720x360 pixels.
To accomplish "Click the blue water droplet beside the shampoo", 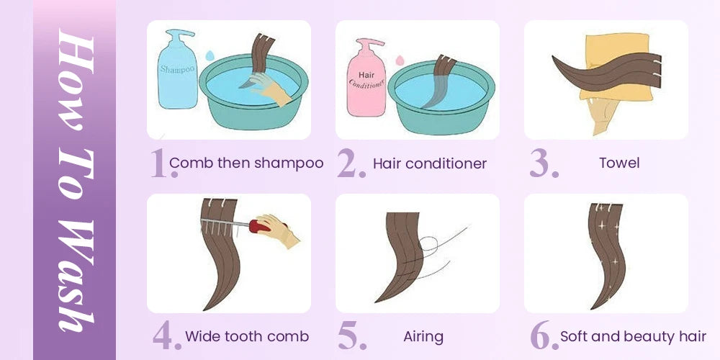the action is [x=210, y=55].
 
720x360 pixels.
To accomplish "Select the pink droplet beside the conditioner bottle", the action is [x=400, y=60].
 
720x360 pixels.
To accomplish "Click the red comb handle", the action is [x=260, y=226].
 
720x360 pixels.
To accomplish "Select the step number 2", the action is [x=351, y=163].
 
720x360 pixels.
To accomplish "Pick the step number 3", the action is [x=544, y=163].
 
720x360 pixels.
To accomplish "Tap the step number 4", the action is [x=167, y=336].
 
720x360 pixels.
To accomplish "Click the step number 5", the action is [x=352, y=336].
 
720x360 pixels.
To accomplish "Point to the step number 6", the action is [x=544, y=336].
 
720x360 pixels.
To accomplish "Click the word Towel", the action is [x=619, y=163].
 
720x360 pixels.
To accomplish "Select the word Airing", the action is [x=423, y=338].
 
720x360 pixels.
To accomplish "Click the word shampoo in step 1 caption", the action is [x=289, y=163].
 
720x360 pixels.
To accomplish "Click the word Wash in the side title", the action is [x=76, y=276].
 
